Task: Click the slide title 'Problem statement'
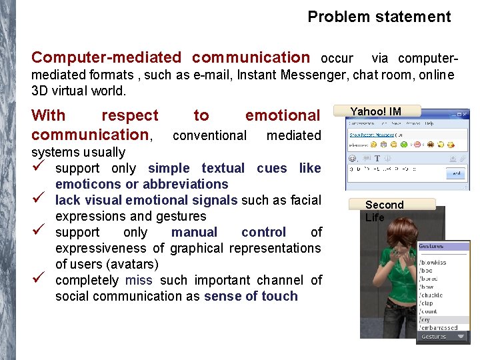tap(379, 17)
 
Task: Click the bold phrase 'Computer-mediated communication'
tap(171, 58)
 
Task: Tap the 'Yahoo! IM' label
tap(376, 111)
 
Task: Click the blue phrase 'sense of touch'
tap(251, 296)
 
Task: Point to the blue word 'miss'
tap(139, 280)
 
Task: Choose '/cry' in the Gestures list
tap(425, 319)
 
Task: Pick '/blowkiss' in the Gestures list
tap(434, 262)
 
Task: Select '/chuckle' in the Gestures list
tap(432, 295)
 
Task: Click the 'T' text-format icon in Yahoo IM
tap(377, 159)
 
